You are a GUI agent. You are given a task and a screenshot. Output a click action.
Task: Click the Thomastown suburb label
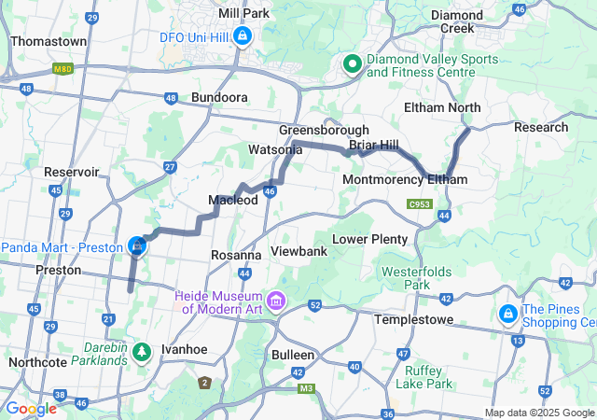point(48,42)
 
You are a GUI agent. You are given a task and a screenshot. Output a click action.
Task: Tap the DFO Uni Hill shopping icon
point(243,36)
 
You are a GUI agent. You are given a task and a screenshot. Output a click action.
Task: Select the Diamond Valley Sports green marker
point(353,63)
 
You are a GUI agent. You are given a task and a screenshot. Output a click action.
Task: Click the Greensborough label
point(324,130)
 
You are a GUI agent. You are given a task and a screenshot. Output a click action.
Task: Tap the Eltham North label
point(442,107)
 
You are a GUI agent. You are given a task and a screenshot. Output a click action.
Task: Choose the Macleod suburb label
point(232,201)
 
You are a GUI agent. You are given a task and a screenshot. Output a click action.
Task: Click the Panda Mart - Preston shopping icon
point(137,246)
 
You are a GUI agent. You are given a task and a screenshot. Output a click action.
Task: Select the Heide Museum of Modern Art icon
point(275,301)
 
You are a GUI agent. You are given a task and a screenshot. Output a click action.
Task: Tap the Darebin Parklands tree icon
point(141,352)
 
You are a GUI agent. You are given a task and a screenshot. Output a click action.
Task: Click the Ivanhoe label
point(183,349)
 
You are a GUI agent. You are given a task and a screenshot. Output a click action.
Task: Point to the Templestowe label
point(413,319)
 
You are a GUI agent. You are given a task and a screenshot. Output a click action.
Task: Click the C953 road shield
point(419,203)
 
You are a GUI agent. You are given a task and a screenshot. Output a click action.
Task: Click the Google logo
point(31,409)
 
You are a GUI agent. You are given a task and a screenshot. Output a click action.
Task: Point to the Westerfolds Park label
point(417,278)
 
